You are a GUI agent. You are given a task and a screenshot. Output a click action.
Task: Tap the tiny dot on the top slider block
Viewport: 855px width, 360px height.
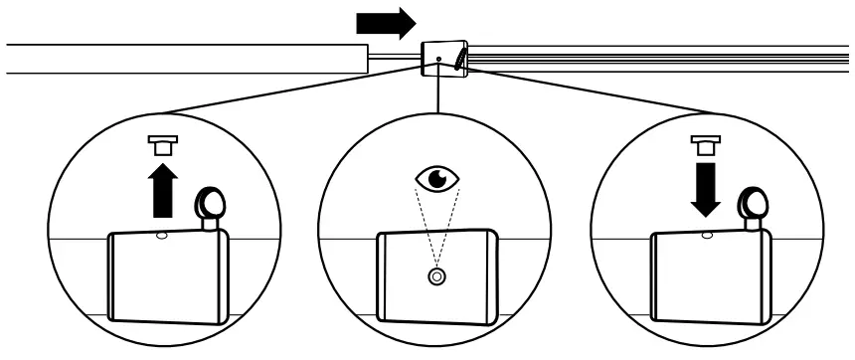point(438,60)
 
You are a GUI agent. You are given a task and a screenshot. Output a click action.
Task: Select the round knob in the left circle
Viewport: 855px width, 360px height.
point(210,205)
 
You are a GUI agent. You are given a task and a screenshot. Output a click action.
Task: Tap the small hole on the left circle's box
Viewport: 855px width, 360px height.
point(161,236)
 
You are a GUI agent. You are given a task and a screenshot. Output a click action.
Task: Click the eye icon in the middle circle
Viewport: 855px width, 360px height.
point(437,180)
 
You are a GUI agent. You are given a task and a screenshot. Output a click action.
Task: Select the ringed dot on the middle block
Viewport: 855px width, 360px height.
point(434,276)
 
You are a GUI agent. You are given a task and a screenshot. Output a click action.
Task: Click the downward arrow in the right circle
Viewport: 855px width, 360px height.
point(705,189)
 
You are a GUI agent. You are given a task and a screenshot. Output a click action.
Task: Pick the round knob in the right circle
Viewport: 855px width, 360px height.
point(754,205)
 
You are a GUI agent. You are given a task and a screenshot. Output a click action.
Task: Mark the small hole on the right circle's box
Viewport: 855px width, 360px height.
point(707,236)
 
